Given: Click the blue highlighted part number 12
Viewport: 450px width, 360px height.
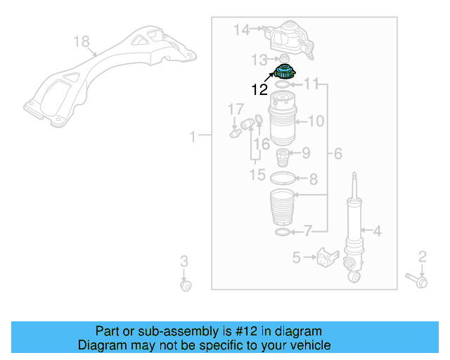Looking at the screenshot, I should coord(285,71).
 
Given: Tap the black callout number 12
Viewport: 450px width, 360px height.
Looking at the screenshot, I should coord(259,89).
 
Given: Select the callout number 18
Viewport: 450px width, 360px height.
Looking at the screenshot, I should coord(82,42).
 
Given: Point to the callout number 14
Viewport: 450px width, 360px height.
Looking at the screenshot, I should coord(242,30).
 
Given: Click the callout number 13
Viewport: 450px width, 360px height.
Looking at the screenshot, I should coord(260,58).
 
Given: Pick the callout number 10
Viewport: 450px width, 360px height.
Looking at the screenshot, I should coord(316,122).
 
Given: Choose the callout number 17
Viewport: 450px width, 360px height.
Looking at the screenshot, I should coord(235,109).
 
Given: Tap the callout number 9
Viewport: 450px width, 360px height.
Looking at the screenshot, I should coord(306,153).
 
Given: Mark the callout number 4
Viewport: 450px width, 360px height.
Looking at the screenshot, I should coord(377,230).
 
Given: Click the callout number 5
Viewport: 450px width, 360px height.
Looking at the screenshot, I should coord(296,257).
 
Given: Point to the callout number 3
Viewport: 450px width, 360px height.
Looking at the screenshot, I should coord(184,262).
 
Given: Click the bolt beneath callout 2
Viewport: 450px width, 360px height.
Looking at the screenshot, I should coord(415,282).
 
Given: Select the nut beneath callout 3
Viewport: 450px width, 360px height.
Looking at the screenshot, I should coord(186,285).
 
